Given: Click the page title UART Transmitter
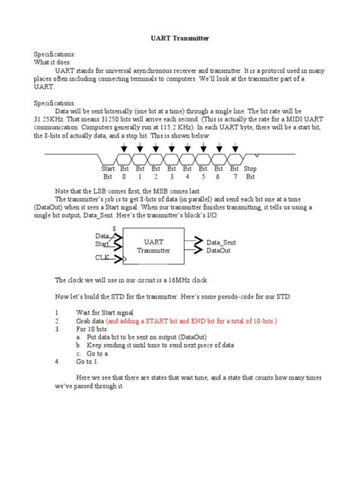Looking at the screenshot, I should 180,37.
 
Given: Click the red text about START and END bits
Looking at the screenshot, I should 213,321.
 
